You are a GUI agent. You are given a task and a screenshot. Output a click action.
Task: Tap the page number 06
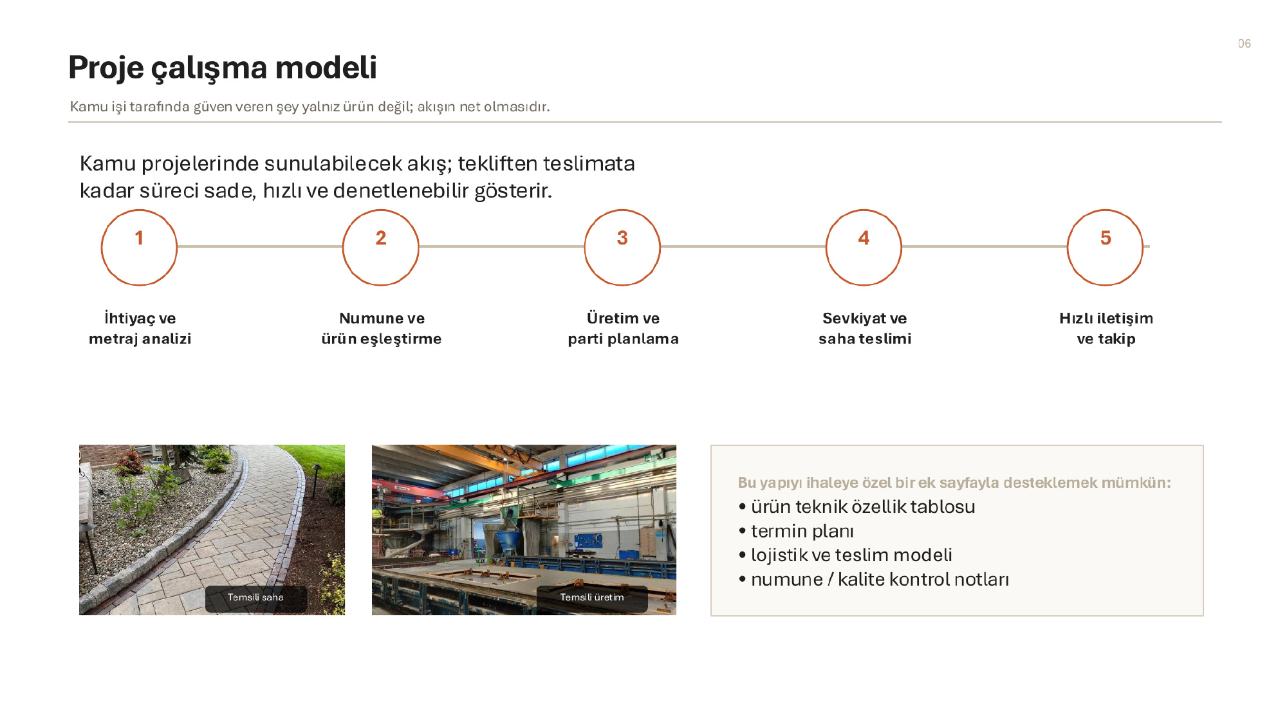1245,44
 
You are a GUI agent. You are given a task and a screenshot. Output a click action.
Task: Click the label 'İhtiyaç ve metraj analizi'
140,328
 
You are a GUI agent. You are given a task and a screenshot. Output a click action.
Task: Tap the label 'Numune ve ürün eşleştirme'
382,328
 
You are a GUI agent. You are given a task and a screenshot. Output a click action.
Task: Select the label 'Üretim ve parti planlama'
623,328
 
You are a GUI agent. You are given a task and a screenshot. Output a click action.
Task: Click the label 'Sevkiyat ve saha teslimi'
865,328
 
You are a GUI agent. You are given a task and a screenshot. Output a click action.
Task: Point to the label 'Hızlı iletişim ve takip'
1106,328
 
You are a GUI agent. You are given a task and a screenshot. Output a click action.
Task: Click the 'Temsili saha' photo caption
255,597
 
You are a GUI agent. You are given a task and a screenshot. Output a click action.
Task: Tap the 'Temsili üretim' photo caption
592,597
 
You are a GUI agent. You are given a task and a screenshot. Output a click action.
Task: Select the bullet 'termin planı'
797,531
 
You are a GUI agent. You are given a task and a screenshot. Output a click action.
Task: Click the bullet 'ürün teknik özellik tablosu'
857,506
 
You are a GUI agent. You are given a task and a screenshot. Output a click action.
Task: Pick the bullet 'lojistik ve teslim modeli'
846,555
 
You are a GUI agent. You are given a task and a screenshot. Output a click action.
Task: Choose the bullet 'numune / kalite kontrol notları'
874,579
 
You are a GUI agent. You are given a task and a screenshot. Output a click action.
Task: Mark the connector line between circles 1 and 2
260,246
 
